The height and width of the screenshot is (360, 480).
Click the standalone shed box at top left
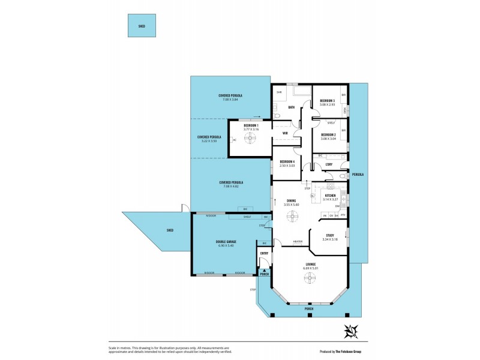142,26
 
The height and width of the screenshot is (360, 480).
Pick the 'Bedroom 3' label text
327,100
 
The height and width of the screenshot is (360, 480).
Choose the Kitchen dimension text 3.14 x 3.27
331,199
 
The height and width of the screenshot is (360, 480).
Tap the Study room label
330,235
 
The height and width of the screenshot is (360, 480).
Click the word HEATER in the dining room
297,242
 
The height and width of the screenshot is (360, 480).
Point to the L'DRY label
329,164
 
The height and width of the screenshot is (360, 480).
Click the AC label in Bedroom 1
234,140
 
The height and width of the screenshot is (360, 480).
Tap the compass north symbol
350,330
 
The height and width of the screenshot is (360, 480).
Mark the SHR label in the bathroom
279,92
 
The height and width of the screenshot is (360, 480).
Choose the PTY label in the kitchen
343,215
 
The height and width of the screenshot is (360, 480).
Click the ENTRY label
263,253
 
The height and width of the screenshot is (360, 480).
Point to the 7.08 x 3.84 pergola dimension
230,100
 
